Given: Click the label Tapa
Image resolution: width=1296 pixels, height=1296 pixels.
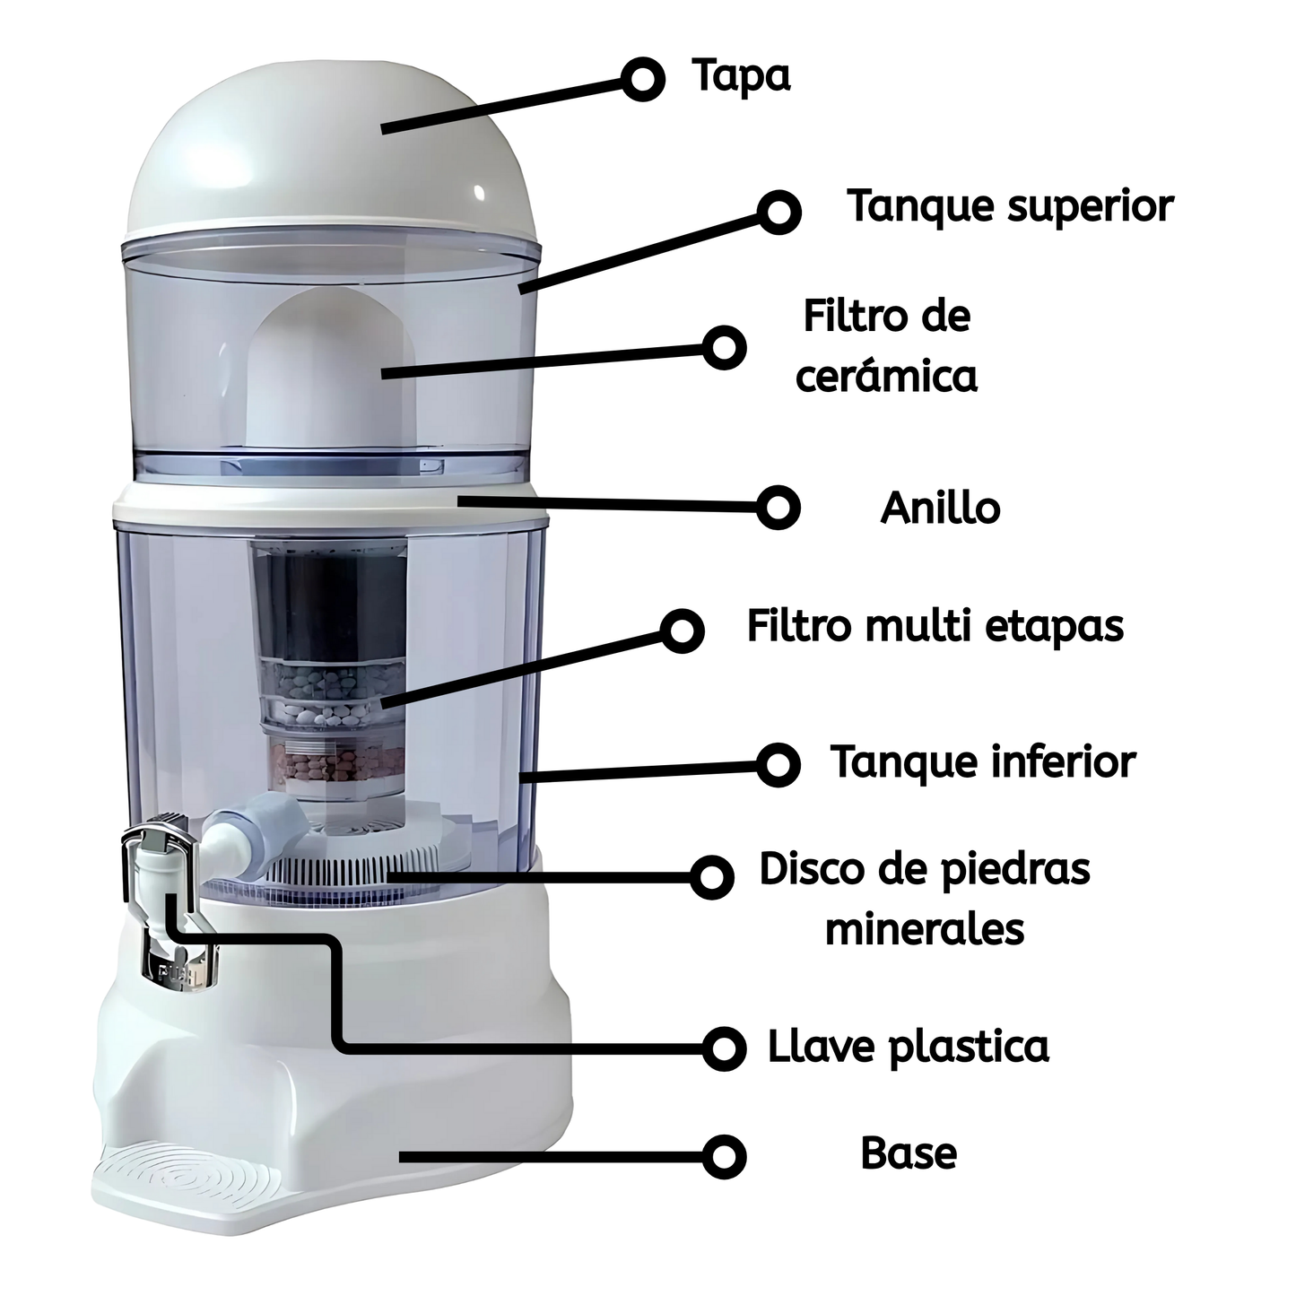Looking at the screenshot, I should tap(741, 75).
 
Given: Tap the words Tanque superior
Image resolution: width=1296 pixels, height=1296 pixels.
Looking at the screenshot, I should tap(1010, 206).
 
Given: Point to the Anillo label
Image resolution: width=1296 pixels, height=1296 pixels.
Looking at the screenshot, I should tap(940, 509).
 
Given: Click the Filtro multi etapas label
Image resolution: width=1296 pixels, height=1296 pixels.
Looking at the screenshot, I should tap(935, 626).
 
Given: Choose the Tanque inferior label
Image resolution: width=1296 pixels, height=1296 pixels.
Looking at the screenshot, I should tap(983, 762).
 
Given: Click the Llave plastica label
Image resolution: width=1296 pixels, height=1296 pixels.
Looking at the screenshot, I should tap(908, 1047).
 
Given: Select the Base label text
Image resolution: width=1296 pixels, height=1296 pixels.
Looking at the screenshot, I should tap(909, 1153).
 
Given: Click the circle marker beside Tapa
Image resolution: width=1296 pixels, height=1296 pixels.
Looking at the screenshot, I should tap(642, 79).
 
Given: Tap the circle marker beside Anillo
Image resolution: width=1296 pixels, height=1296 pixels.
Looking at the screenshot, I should tap(778, 508).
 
